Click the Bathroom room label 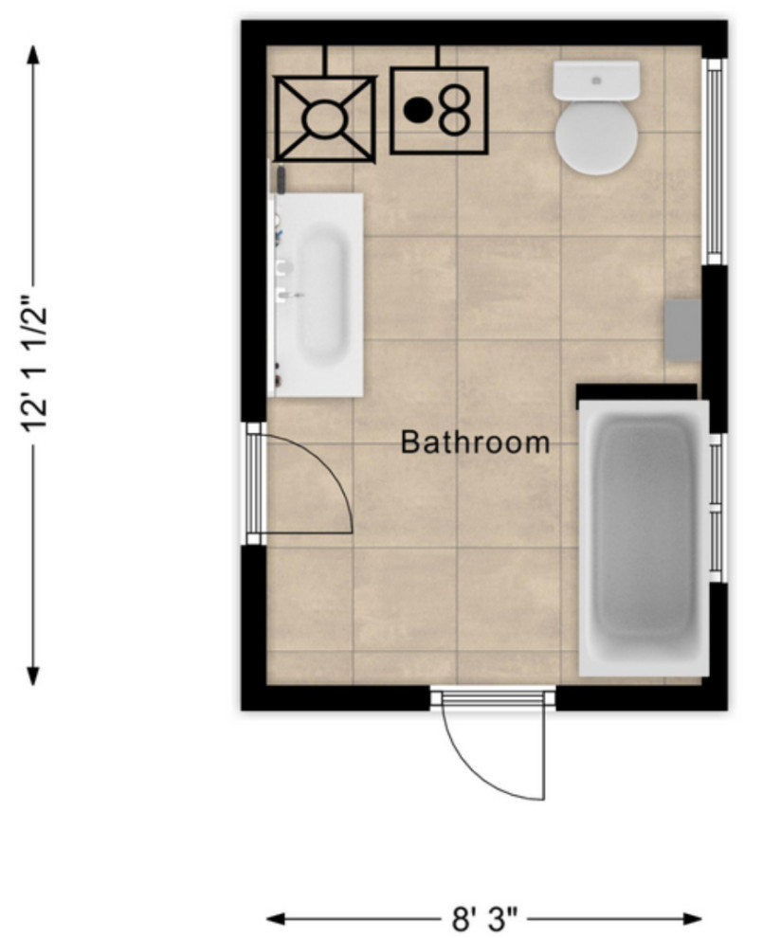[475, 442]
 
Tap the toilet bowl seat [595, 137]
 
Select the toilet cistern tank [596, 81]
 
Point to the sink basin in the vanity [322, 296]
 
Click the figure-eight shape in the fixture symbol [455, 109]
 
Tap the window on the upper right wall [714, 161]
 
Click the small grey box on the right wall [682, 330]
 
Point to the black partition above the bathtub [636, 391]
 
